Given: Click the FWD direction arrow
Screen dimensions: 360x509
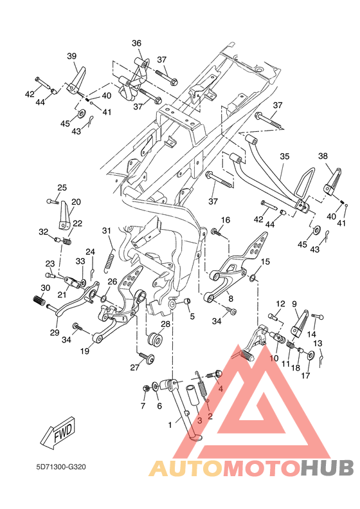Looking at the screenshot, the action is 59,432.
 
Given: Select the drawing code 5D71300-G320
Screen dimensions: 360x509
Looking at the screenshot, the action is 60,467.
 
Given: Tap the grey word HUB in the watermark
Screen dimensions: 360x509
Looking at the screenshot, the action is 327,468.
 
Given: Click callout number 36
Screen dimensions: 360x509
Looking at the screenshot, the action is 136,43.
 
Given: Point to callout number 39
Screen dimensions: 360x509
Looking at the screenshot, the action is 71,56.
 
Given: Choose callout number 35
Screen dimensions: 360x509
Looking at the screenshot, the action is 284,156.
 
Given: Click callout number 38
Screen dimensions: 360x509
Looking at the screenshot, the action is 323,156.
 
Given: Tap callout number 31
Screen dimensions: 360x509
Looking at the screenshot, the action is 106,230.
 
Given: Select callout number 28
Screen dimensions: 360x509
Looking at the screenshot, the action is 165,324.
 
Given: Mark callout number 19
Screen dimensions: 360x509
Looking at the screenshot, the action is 85,351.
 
